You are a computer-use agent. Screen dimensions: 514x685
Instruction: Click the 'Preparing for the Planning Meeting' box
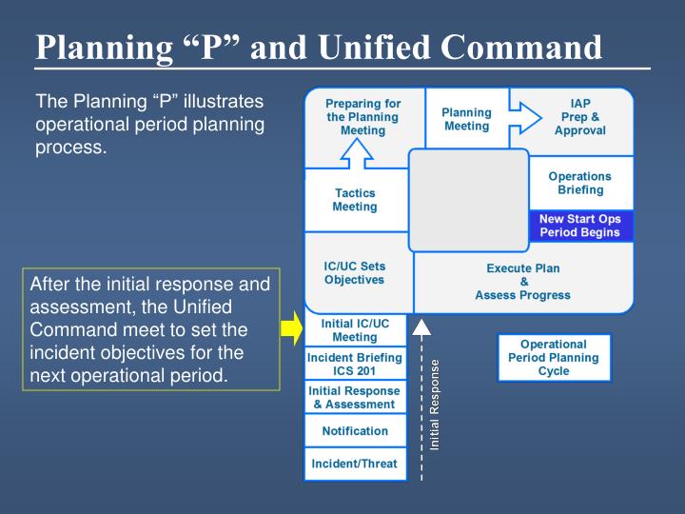(362, 117)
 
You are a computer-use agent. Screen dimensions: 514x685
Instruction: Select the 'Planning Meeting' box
(466, 119)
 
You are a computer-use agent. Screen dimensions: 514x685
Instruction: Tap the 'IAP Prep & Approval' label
(580, 117)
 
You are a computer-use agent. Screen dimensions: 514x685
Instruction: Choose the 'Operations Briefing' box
(580, 183)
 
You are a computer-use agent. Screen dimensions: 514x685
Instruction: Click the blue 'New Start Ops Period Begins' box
(579, 226)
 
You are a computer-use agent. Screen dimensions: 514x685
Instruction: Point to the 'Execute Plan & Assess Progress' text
(522, 282)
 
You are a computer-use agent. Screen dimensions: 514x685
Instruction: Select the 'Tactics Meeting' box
(355, 200)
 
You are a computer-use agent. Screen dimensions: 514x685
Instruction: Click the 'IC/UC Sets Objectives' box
(354, 273)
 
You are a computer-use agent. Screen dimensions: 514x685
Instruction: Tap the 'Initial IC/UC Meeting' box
(354, 330)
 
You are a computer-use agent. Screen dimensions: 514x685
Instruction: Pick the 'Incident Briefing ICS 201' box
(354, 364)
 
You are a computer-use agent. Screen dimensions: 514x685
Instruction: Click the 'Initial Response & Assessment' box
(354, 398)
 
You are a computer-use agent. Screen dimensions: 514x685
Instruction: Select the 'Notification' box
(354, 431)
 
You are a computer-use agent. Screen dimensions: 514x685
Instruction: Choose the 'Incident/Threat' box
(354, 465)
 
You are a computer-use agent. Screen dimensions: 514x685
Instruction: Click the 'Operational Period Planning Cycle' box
(554, 358)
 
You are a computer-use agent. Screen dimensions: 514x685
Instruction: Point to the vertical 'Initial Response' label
(435, 405)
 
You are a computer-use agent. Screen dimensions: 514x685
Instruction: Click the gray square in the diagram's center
(468, 200)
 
